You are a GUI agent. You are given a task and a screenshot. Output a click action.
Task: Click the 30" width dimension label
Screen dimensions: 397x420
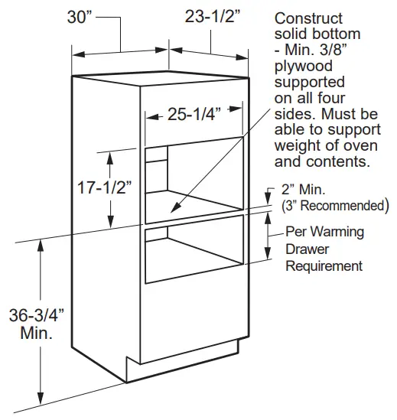point(80,17)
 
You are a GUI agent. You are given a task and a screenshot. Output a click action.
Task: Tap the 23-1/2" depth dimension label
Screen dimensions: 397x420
point(212,17)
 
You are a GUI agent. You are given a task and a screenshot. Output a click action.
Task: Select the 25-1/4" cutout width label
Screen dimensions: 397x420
point(194,114)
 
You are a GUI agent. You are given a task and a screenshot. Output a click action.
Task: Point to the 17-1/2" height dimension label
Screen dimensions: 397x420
point(105,187)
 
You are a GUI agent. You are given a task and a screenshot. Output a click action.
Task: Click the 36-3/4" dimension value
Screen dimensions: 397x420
point(37,315)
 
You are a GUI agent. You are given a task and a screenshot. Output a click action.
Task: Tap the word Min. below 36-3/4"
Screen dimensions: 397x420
point(37,333)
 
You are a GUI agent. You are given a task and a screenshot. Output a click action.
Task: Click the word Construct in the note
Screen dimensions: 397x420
point(308,18)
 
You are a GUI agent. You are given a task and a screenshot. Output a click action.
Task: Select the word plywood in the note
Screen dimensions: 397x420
point(304,67)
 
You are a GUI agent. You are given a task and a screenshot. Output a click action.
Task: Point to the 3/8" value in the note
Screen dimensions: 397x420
point(333,50)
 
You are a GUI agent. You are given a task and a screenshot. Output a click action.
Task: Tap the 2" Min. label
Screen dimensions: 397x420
point(303,190)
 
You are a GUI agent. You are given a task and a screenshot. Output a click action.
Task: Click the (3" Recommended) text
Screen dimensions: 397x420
point(335,206)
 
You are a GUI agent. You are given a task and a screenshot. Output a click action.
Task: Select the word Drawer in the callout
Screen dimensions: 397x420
point(308,249)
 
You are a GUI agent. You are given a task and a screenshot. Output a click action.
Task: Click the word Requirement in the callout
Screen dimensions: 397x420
point(324,266)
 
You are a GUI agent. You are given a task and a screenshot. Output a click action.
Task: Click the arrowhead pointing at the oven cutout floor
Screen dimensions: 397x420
point(176,207)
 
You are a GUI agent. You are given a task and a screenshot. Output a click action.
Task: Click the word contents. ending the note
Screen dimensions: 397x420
point(338,161)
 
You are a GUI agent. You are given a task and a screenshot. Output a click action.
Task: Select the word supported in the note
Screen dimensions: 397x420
point(309,83)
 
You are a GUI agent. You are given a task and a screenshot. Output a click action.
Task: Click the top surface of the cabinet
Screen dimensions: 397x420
point(161,78)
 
